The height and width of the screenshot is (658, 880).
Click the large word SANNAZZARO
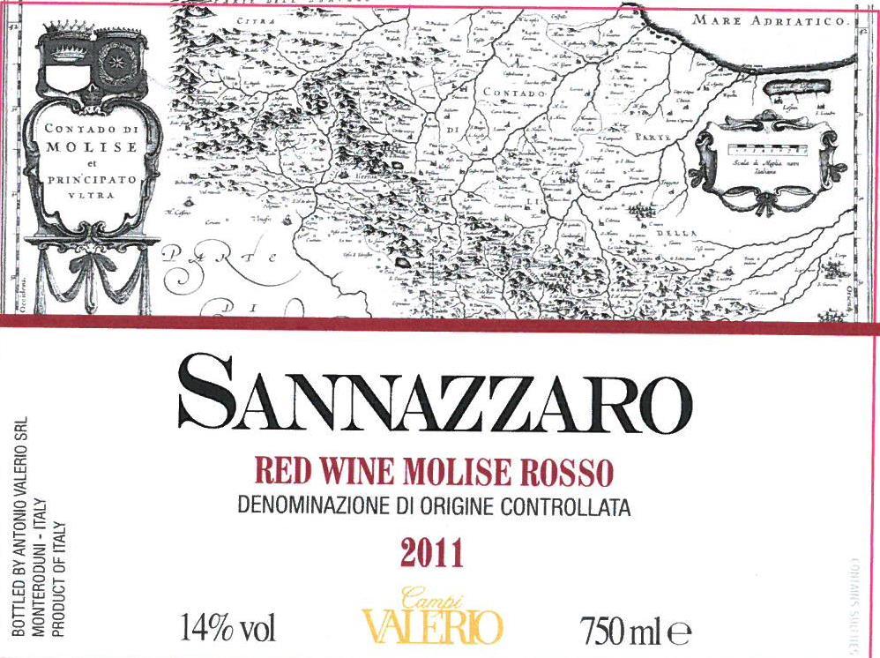(435, 394)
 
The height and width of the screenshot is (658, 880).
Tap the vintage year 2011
(431, 554)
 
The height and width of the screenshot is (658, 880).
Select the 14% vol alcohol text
(228, 630)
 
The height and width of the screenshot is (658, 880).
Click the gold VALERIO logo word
(432, 628)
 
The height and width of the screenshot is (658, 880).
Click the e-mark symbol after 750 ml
(678, 632)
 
